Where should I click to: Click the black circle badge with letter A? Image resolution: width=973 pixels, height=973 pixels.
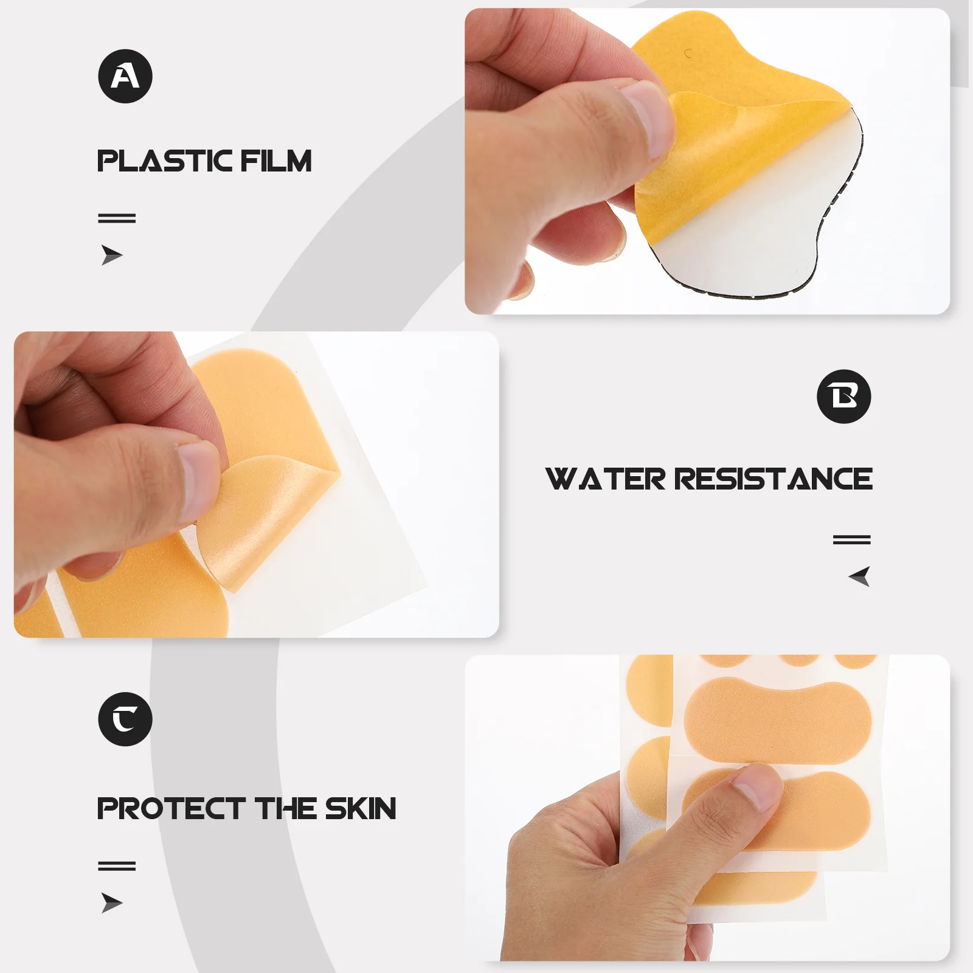pos(125,76)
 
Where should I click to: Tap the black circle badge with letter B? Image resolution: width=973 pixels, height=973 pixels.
pos(843,396)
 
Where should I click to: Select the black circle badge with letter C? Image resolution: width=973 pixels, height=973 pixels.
pos(125,719)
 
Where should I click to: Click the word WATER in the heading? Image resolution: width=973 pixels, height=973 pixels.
pos(606,479)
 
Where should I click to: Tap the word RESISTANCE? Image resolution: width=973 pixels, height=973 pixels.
pos(774,479)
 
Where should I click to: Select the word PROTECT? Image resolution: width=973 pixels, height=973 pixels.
pos(171,809)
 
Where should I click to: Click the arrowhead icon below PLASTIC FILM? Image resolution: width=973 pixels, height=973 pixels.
pos(111,255)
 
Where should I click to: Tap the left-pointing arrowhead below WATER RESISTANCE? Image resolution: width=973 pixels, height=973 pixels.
pos(859,576)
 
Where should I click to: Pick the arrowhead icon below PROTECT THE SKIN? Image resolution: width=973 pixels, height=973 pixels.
pos(111,903)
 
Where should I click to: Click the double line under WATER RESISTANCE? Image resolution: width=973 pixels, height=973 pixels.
pos(851,539)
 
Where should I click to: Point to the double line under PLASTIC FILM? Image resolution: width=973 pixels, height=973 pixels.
pos(117,218)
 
